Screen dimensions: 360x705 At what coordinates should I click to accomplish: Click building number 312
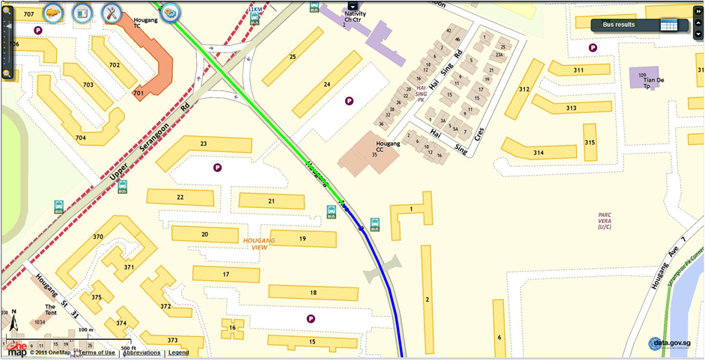(x=524, y=90)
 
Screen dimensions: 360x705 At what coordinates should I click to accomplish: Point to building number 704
(x=81, y=138)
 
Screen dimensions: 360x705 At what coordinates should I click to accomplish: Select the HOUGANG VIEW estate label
(x=260, y=243)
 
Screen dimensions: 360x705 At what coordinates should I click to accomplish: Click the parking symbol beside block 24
(x=348, y=100)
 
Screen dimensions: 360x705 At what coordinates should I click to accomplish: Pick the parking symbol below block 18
(x=311, y=319)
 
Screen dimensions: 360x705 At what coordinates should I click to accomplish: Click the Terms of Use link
(x=97, y=353)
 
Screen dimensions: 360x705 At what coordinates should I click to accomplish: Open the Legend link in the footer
(x=178, y=353)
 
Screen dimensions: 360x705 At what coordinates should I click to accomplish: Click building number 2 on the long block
(x=427, y=299)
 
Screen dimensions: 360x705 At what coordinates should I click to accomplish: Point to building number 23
(x=204, y=143)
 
